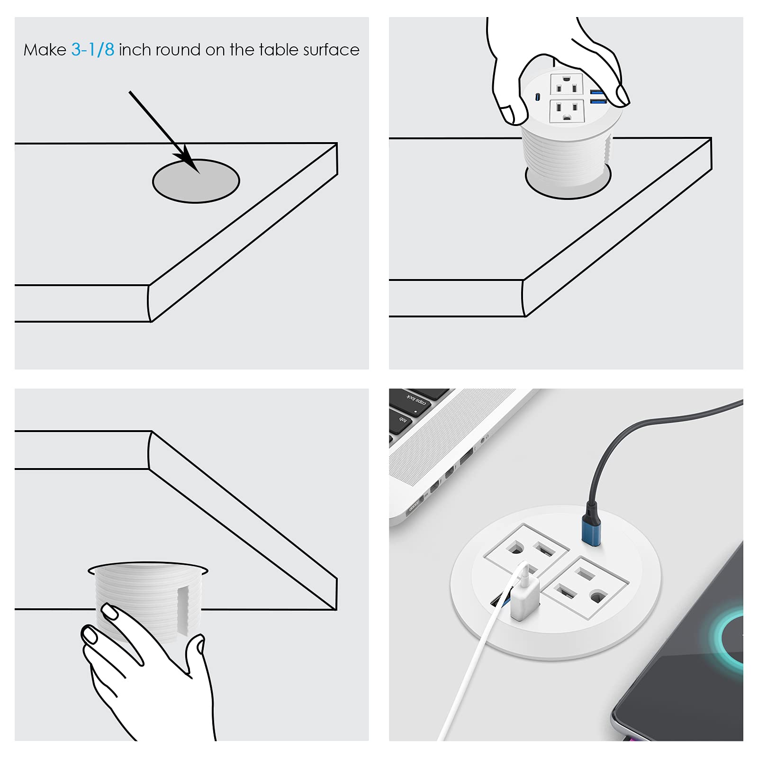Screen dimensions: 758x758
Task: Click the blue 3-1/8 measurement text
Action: point(93,50)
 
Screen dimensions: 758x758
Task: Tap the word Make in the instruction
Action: point(45,50)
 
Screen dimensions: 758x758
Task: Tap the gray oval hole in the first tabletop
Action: point(196,181)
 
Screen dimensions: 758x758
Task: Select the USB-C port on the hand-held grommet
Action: point(537,97)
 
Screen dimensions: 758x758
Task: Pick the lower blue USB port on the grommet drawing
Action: point(598,100)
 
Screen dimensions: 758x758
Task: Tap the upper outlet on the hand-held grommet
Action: point(567,84)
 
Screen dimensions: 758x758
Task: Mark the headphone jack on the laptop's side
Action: point(483,440)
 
